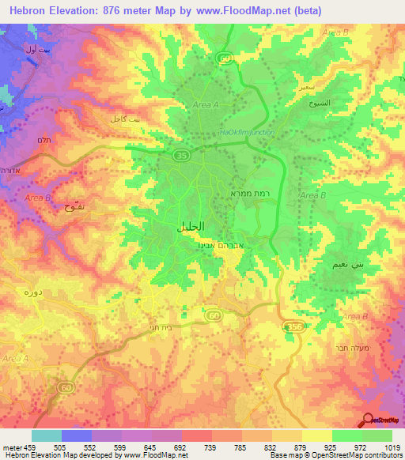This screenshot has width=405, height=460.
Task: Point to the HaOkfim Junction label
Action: [x=245, y=132]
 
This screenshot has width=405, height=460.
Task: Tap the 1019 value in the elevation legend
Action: [x=393, y=447]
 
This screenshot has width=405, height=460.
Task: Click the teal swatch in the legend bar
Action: [x=47, y=435]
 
